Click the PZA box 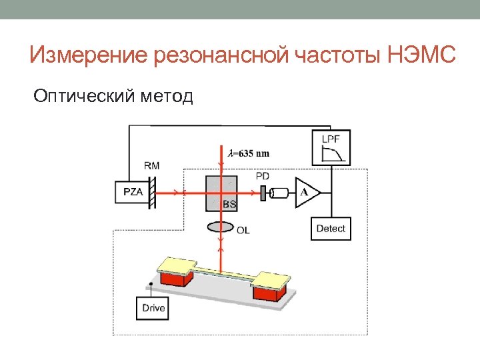pyautogui.click(x=133, y=193)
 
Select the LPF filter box pyautogui.click(x=331, y=147)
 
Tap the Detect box pyautogui.click(x=331, y=229)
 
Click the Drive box pyautogui.click(x=153, y=309)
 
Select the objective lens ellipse pyautogui.click(x=221, y=227)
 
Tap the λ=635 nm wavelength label pyautogui.click(x=249, y=153)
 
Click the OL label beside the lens pyautogui.click(x=244, y=230)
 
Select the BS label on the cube pyautogui.click(x=229, y=205)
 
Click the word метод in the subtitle pyautogui.click(x=167, y=97)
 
